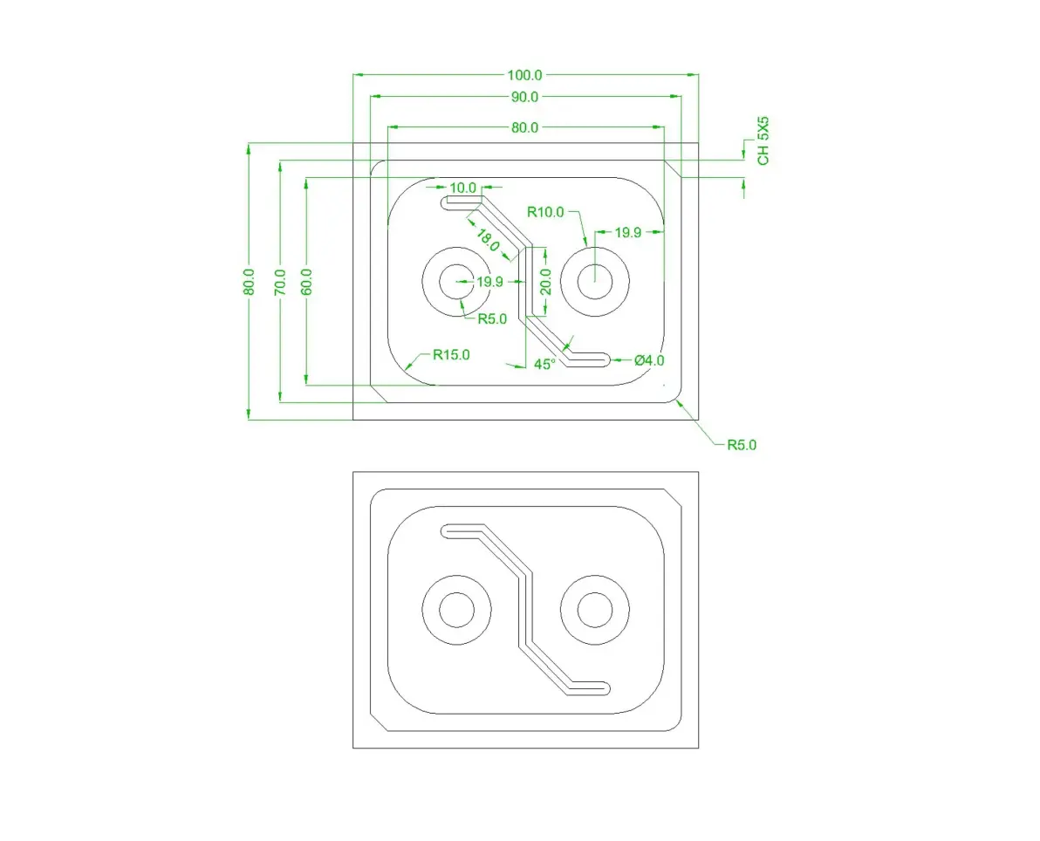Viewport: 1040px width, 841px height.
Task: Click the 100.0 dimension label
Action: tap(524, 75)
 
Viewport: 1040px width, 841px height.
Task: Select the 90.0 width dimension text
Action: tap(524, 97)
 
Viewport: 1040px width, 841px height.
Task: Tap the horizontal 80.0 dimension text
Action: tap(524, 127)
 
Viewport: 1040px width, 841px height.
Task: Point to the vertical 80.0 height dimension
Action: tap(249, 281)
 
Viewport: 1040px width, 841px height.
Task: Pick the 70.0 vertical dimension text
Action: tap(280, 282)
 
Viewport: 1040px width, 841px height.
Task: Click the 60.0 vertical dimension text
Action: tap(305, 282)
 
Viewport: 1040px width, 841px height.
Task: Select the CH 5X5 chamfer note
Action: tap(763, 141)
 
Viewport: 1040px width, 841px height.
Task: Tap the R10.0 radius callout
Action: tap(545, 212)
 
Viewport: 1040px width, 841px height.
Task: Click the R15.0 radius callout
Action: tap(451, 355)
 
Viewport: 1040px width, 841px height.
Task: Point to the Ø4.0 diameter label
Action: tap(649, 360)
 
